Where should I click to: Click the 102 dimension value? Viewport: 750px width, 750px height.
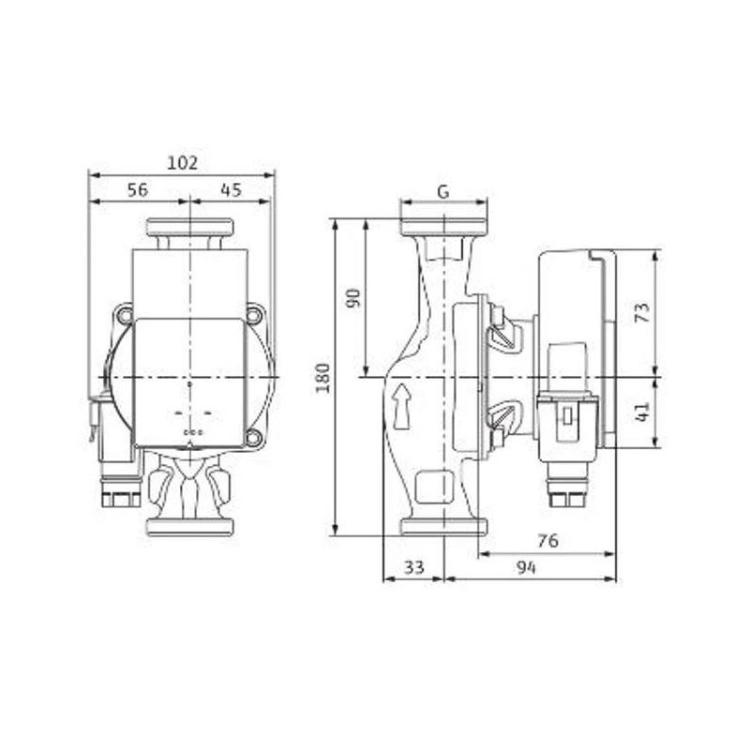click(x=182, y=163)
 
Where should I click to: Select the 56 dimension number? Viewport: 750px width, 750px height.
click(x=138, y=190)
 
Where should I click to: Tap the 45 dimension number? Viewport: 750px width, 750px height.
click(x=231, y=190)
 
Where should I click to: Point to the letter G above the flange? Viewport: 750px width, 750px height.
click(x=443, y=191)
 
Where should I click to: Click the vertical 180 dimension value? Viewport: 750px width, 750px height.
click(x=323, y=378)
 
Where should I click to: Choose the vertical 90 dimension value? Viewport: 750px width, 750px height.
click(x=353, y=298)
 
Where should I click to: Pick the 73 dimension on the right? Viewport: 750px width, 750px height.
click(x=643, y=312)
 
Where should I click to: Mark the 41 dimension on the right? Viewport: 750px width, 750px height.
click(x=643, y=412)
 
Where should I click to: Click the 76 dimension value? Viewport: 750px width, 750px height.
click(x=547, y=541)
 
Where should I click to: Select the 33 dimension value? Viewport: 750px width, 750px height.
click(x=414, y=567)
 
